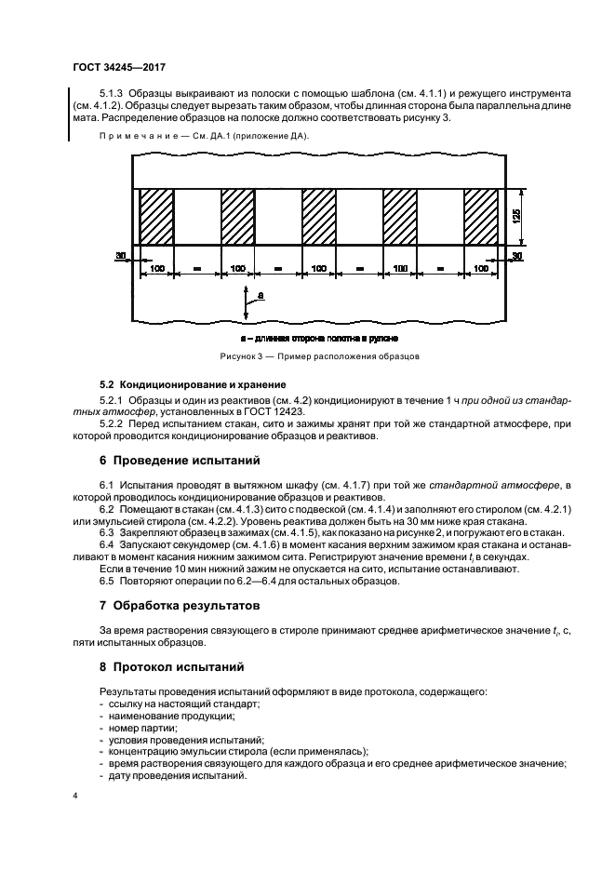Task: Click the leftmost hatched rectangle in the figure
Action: [155, 217]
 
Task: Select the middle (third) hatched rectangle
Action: [319, 217]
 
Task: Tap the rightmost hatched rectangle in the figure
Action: [482, 217]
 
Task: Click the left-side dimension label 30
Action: [120, 254]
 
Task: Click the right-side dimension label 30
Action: [518, 254]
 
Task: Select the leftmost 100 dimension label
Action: [155, 268]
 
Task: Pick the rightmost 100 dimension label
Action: [482, 268]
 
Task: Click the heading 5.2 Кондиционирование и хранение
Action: [180, 384]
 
